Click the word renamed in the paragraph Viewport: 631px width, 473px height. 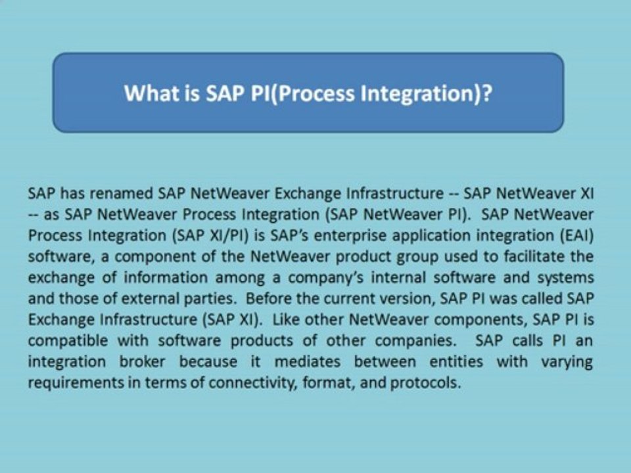(120, 194)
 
